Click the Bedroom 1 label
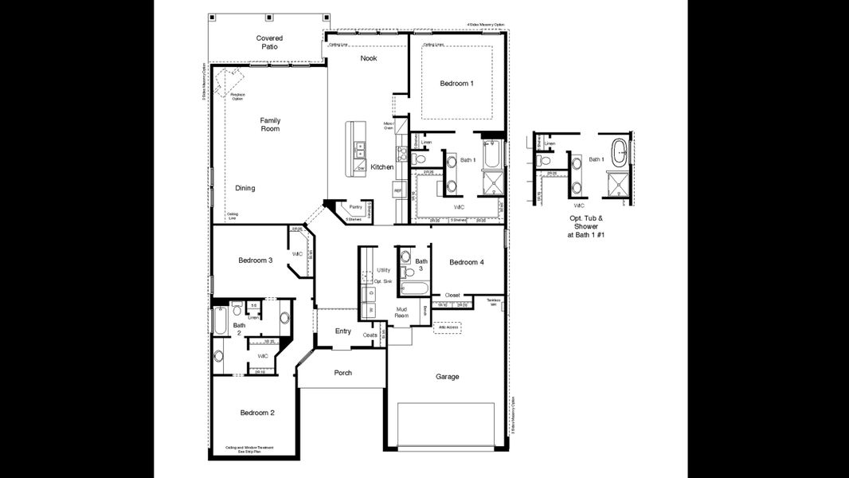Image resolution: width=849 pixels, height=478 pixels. pos(456,84)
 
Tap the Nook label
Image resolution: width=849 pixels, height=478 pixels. pos(368,58)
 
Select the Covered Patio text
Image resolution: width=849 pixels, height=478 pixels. pos(269,42)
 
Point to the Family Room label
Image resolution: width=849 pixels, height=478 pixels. pos(270,124)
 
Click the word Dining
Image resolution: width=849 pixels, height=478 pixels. pos(245,188)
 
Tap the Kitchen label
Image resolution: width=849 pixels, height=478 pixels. pos(381,167)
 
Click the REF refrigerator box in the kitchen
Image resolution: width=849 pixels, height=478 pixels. pos(397,191)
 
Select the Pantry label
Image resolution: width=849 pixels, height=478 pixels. pos(355,207)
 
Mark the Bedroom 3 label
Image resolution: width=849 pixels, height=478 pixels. pos(256,261)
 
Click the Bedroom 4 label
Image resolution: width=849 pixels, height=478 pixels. pos(466,262)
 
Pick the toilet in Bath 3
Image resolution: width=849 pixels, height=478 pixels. pos(405,257)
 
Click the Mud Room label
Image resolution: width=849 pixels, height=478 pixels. pos(402,312)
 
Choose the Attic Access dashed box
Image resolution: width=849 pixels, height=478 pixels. pos(446,327)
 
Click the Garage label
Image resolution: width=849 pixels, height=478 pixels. pos(447,377)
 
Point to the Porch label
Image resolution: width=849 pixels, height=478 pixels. pos(342,373)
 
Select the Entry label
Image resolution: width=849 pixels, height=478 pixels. pos(342,331)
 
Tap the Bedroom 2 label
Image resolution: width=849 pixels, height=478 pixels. pos(257,413)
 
